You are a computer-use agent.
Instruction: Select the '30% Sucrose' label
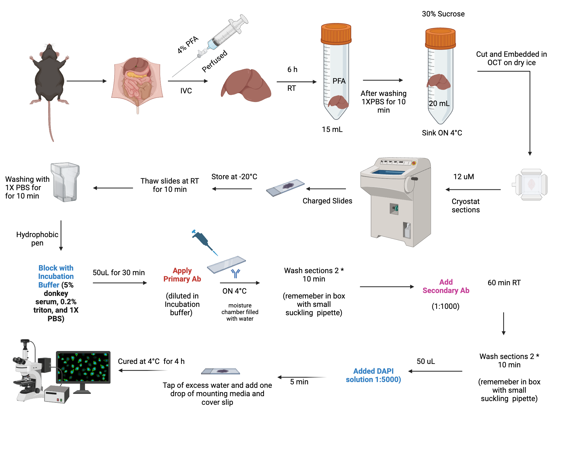point(443,14)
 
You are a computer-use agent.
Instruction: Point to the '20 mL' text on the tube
point(439,103)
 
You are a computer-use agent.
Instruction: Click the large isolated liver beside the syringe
point(247,85)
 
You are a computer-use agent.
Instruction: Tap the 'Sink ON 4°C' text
point(442,133)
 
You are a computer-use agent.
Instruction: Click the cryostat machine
point(397,202)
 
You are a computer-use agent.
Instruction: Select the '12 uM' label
point(463,177)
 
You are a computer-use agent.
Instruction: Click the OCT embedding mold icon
point(531,184)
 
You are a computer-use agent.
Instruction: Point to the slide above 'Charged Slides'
point(285,188)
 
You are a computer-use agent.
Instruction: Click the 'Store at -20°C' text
point(234,177)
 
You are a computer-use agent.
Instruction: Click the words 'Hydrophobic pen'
point(37,239)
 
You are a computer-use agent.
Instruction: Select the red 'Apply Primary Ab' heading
point(182,275)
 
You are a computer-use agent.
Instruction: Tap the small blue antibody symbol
point(235,273)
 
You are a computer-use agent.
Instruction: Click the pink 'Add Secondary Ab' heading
point(446,286)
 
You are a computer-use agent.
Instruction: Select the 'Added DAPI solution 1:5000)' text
point(373,375)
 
